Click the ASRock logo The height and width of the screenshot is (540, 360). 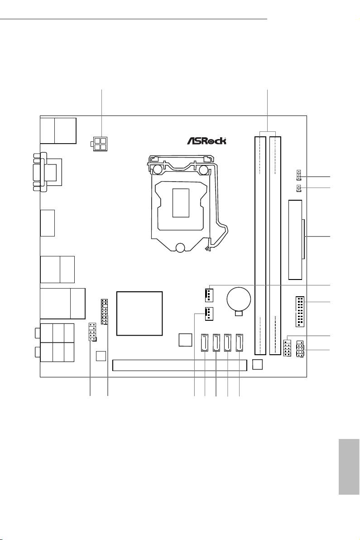click(206, 141)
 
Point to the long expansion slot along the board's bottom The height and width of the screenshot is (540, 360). click(180, 365)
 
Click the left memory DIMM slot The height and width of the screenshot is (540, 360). click(260, 245)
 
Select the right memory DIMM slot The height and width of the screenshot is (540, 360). click(275, 245)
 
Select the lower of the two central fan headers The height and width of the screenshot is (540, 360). click(208, 313)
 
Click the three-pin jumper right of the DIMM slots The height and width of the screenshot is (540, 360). click(299, 174)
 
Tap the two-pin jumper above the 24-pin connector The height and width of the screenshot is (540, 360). click(299, 188)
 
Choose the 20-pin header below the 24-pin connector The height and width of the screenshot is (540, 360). click(300, 312)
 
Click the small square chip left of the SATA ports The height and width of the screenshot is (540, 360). click(185, 339)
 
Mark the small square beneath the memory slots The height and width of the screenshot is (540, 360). click(257, 364)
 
